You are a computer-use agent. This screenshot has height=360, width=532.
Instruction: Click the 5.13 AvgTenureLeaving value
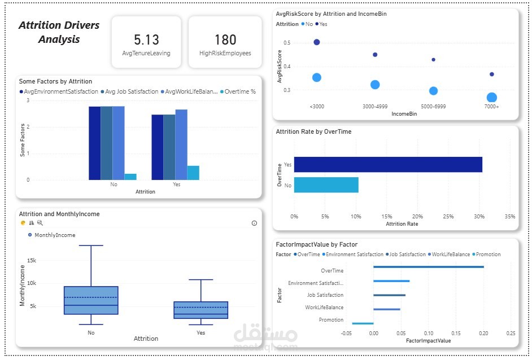(146, 40)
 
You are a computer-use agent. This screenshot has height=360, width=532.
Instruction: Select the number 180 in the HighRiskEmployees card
(225, 40)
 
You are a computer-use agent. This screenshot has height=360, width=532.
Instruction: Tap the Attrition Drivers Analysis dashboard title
(59, 32)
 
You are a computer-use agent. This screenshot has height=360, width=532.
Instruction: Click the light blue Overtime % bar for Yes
(193, 173)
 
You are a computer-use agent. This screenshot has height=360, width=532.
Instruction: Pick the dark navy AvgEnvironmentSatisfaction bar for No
(94, 143)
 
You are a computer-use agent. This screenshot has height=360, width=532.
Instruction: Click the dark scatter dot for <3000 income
(316, 42)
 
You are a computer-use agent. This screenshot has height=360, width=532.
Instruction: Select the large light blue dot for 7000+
(492, 98)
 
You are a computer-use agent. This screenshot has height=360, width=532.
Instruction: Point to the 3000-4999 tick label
(375, 107)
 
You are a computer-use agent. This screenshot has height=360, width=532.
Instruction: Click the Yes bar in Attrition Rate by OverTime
(388, 164)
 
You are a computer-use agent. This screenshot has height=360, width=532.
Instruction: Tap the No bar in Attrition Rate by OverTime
(326, 185)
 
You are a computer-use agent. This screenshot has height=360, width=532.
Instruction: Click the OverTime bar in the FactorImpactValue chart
(428, 267)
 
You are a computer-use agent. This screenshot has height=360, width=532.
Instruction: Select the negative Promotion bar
(363, 323)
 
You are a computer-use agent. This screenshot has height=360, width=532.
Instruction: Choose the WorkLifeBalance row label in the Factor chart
(324, 308)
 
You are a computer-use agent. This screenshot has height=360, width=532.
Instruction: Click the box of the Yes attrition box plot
(200, 310)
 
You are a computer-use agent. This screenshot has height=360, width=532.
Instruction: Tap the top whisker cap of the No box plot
(91, 246)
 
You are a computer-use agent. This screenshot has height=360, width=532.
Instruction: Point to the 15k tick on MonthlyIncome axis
(32, 260)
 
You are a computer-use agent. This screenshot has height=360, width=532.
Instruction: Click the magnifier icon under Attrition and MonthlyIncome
(40, 223)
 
